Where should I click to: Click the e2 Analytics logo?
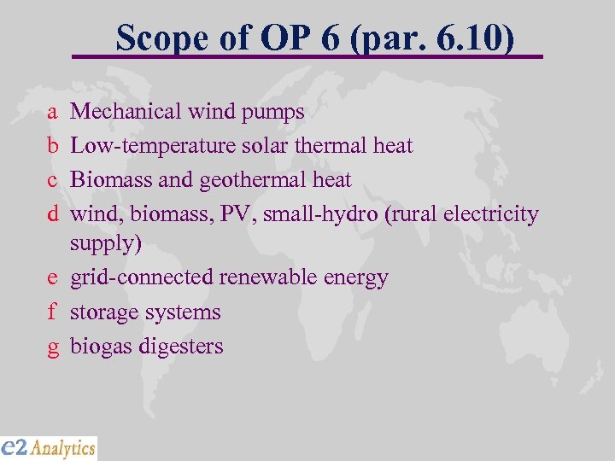(49, 447)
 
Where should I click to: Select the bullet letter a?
(53, 112)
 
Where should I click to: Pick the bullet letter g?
(53, 347)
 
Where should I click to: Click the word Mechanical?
(126, 111)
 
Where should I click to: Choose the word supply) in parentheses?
(106, 244)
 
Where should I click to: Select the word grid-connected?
(142, 278)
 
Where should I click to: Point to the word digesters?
(184, 347)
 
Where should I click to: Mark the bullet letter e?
(53, 278)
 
